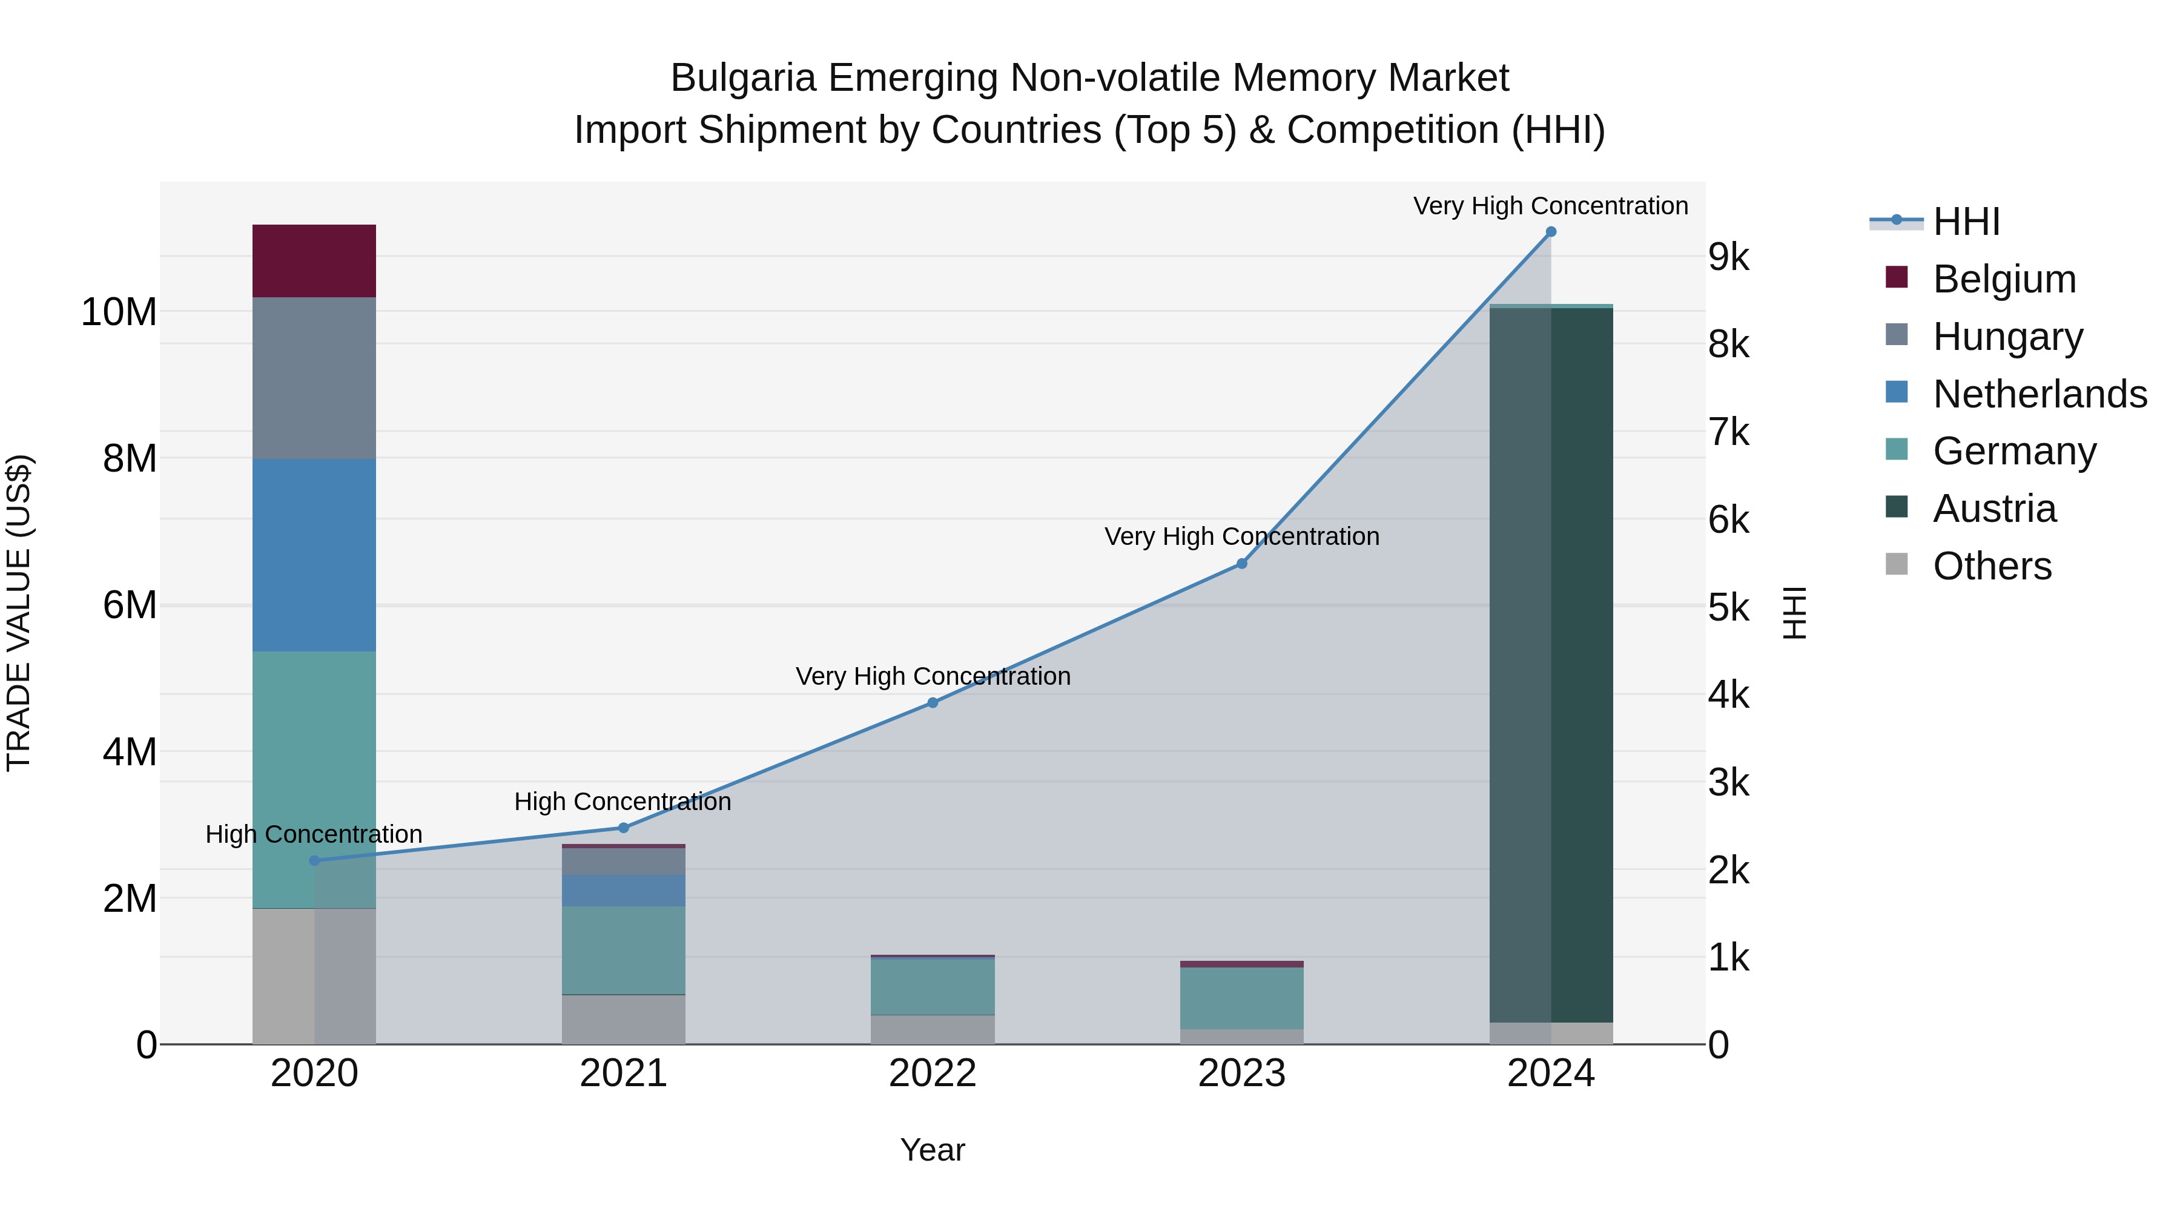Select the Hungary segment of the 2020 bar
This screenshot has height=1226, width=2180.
[314, 377]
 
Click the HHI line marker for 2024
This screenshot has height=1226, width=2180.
[1550, 232]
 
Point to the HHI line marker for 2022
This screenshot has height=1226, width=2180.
[933, 702]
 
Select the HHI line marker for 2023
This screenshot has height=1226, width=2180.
[1241, 564]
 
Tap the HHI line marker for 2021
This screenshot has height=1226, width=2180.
[624, 828]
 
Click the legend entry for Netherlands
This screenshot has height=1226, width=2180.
[2040, 394]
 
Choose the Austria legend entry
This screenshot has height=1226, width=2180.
[1994, 509]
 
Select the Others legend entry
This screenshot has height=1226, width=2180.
[1992, 566]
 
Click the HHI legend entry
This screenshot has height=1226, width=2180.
[1966, 222]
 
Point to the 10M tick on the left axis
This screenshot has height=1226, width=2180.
[119, 312]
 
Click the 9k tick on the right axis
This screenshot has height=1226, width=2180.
[1728, 257]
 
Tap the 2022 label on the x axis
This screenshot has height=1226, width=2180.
[933, 1073]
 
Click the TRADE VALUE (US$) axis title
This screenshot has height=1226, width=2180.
[19, 613]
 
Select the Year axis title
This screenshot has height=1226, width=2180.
[933, 1150]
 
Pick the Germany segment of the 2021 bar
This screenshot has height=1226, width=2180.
[624, 949]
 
